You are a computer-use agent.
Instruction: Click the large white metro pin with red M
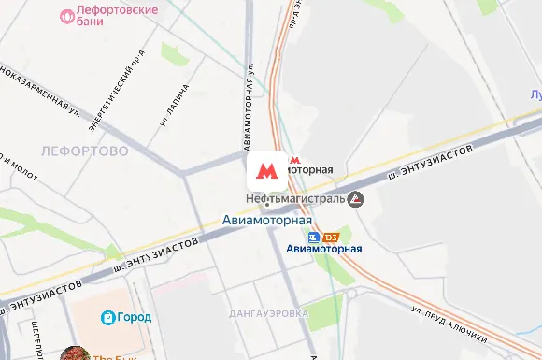tap(266, 171)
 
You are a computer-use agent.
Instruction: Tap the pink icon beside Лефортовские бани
tap(66, 16)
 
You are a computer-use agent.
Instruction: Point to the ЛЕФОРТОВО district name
tap(84, 150)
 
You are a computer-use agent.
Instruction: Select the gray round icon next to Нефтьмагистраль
tap(355, 199)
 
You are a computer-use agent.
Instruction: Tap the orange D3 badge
tap(330, 237)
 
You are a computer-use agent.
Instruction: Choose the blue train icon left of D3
tap(315, 237)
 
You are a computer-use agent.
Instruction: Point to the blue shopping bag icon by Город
tap(108, 318)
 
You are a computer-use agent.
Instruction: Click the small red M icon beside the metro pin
tap(296, 160)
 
